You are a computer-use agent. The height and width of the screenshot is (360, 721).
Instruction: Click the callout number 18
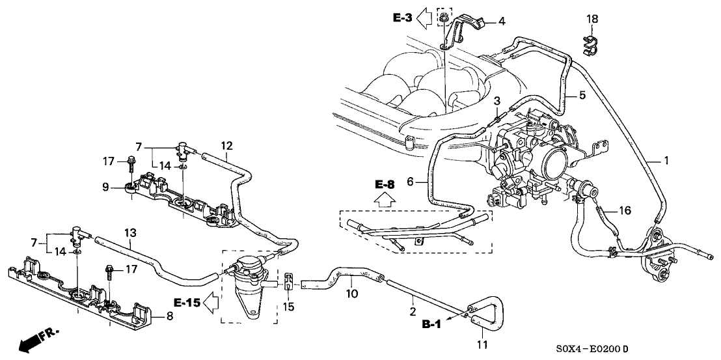(x=592, y=20)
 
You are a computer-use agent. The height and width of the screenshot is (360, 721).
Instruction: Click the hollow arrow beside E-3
(x=426, y=18)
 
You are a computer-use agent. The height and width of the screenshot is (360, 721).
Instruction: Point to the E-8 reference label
(x=385, y=185)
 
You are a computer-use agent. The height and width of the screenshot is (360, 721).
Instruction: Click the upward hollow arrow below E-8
(x=385, y=201)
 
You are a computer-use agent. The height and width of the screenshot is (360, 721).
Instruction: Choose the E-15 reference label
(x=186, y=302)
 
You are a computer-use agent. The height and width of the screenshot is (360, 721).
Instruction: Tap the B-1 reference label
(x=429, y=324)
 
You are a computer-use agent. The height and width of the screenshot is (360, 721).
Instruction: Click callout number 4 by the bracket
(x=501, y=21)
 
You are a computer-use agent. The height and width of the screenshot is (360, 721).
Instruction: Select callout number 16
(x=625, y=210)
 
